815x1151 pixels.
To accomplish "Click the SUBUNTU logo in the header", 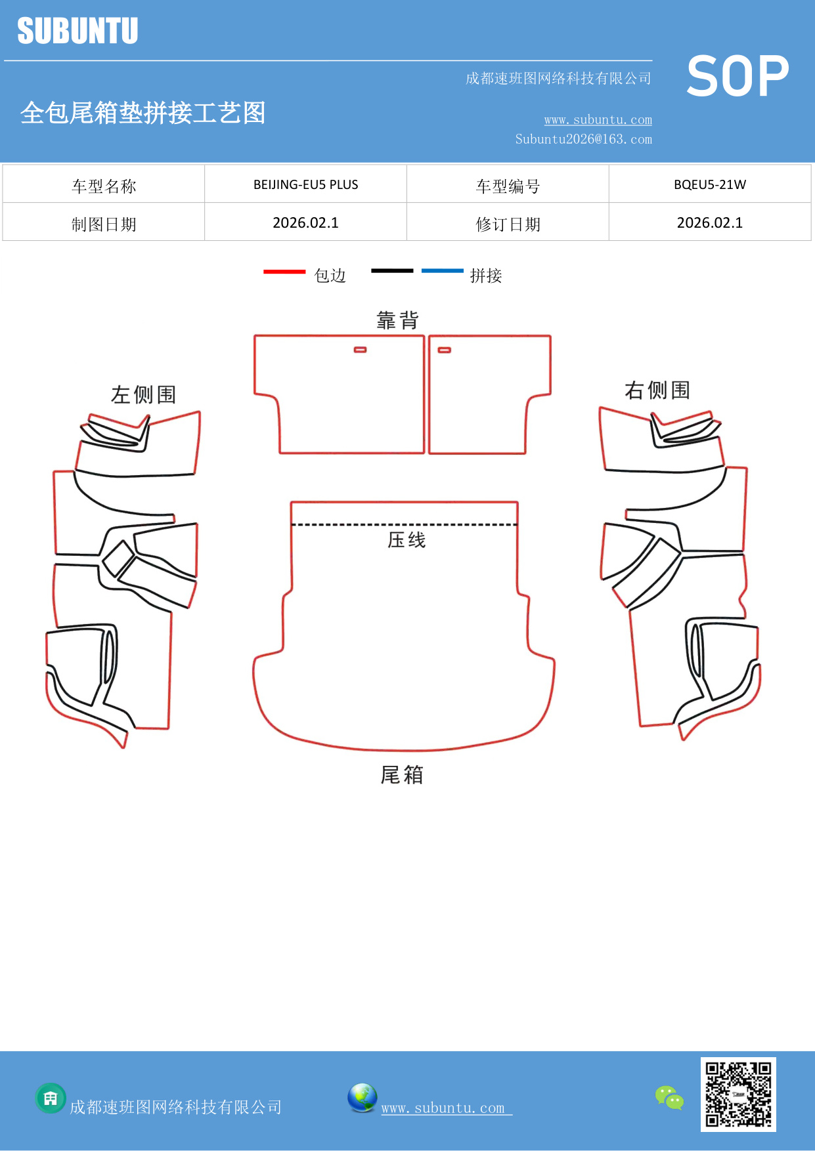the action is pyautogui.click(x=77, y=31).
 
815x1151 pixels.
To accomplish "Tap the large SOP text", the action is pyautogui.click(x=738, y=77).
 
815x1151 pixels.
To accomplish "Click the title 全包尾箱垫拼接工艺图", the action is pyautogui.click(x=143, y=113).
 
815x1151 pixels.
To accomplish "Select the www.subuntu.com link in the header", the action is pyautogui.click(x=598, y=119).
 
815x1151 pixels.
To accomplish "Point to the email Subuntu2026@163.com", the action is pyautogui.click(x=583, y=139).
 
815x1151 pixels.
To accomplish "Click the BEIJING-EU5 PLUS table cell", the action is pyautogui.click(x=305, y=184).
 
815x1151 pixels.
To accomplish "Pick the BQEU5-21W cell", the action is pyautogui.click(x=709, y=184).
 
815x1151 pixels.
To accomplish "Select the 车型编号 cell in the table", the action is pyautogui.click(x=508, y=186).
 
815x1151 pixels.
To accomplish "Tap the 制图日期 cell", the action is pyautogui.click(x=104, y=224).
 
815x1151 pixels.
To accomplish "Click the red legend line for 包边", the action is pyautogui.click(x=284, y=271).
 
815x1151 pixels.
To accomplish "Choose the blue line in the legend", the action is pyautogui.click(x=442, y=270).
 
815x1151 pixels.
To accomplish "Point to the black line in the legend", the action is pyautogui.click(x=392, y=270).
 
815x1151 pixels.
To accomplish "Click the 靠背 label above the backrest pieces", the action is pyautogui.click(x=397, y=320).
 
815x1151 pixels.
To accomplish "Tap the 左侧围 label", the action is pyautogui.click(x=143, y=394).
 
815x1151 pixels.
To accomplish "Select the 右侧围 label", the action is pyautogui.click(x=657, y=390).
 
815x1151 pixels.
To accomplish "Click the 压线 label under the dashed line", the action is pyautogui.click(x=407, y=540).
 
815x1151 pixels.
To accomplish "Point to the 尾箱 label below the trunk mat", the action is pyautogui.click(x=402, y=775).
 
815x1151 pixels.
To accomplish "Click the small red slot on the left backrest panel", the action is pyautogui.click(x=360, y=350).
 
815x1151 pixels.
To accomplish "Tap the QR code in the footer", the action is pyautogui.click(x=738, y=1094).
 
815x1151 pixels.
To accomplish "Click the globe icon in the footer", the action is pyautogui.click(x=362, y=1097).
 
